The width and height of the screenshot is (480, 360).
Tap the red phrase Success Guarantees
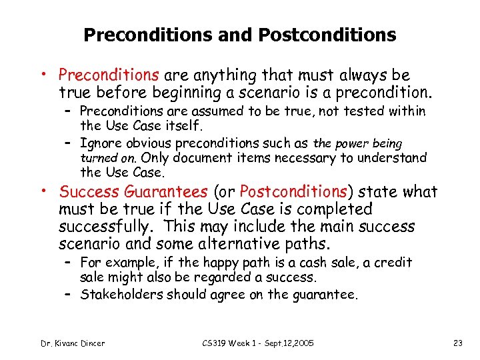pyautogui.click(x=134, y=192)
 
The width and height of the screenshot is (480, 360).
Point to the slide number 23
pyautogui.click(x=457, y=343)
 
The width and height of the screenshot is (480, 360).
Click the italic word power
pyautogui.click(x=351, y=143)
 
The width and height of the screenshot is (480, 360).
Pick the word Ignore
pyautogui.click(x=100, y=143)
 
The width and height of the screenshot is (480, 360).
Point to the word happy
pyautogui.click(x=262, y=263)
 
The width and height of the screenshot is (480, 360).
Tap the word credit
pyautogui.click(x=393, y=263)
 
